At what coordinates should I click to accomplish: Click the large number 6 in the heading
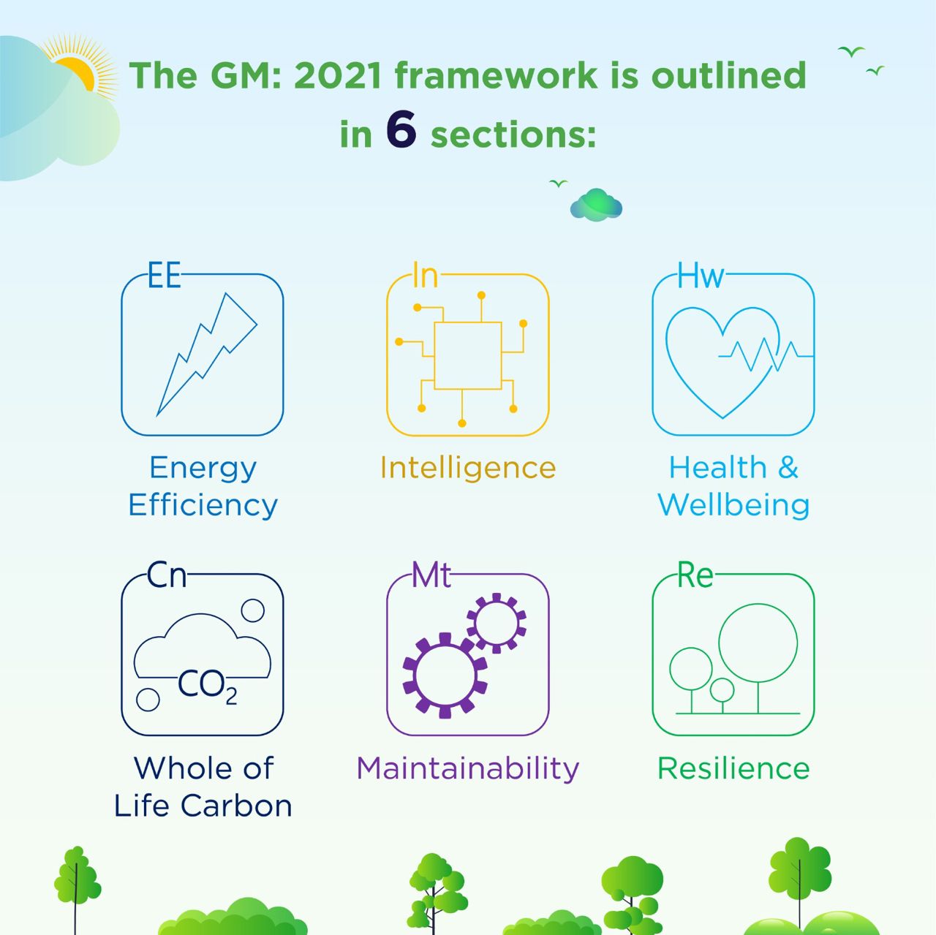tap(401, 129)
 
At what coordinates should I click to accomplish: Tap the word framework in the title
tap(496, 75)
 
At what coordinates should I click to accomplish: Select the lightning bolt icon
tap(207, 354)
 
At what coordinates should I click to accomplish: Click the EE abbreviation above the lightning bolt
tap(165, 275)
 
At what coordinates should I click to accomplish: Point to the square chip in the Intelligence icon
tap(467, 355)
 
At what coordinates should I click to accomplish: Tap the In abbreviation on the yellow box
tap(425, 275)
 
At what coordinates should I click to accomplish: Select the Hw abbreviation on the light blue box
tap(701, 275)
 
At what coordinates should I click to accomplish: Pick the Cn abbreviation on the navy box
tap(167, 575)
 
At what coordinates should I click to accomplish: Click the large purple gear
tap(445, 675)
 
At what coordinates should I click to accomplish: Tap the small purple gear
tap(497, 623)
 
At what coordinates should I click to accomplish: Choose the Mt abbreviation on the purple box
tap(431, 575)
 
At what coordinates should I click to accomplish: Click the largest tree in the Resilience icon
tap(758, 658)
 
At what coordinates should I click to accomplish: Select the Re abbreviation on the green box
tap(695, 575)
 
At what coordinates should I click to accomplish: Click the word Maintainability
tap(468, 769)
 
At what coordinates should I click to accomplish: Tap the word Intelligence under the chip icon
tap(468, 468)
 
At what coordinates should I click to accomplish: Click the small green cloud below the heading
tap(596, 205)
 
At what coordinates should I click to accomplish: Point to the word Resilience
tap(733, 768)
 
